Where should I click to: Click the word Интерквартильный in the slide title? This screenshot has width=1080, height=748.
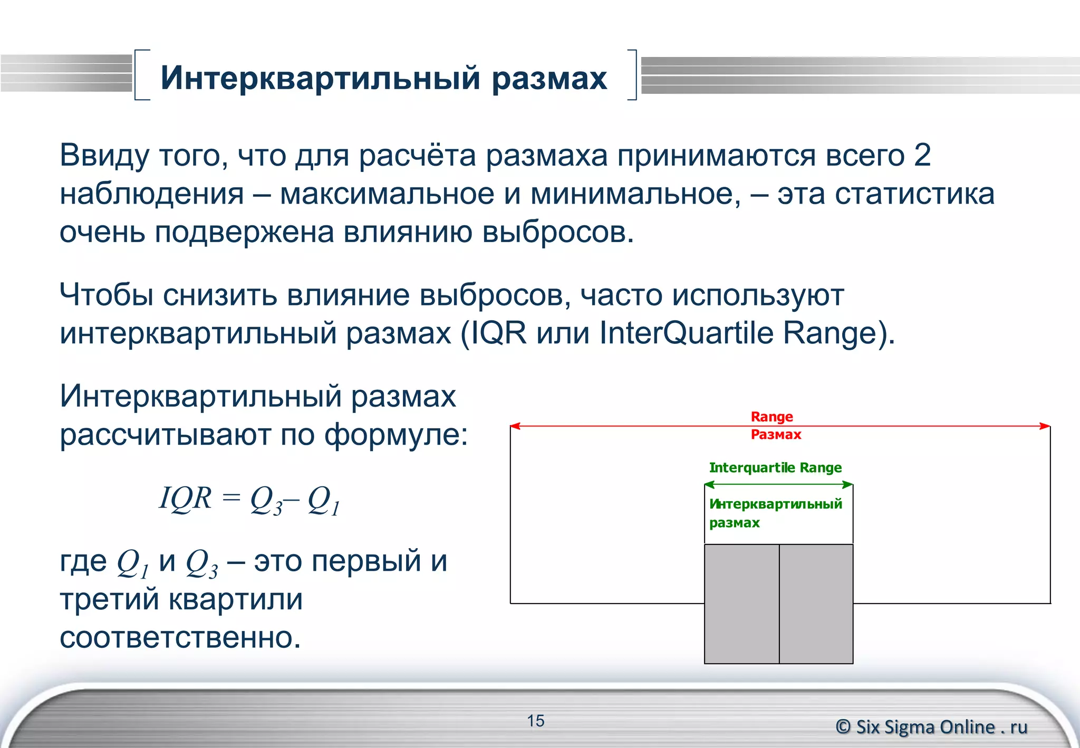[x=320, y=78]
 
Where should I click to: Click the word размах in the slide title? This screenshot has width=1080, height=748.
[x=549, y=78]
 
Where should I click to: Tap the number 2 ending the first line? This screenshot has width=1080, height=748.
[x=922, y=155]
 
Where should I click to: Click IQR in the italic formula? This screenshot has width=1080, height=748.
[x=185, y=498]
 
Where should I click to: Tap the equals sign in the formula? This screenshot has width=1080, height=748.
[x=230, y=498]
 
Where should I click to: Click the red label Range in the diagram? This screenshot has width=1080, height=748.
[x=772, y=417]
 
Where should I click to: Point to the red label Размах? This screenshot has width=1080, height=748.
[x=776, y=435]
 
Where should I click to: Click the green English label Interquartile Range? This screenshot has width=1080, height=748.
[x=775, y=467]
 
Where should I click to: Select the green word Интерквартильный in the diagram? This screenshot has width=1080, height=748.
[x=775, y=504]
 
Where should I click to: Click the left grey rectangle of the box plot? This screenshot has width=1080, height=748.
[x=741, y=603]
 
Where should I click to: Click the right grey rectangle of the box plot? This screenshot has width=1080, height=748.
[x=816, y=603]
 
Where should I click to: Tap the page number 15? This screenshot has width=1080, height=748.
[x=535, y=721]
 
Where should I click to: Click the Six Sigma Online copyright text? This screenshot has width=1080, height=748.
[x=931, y=727]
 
